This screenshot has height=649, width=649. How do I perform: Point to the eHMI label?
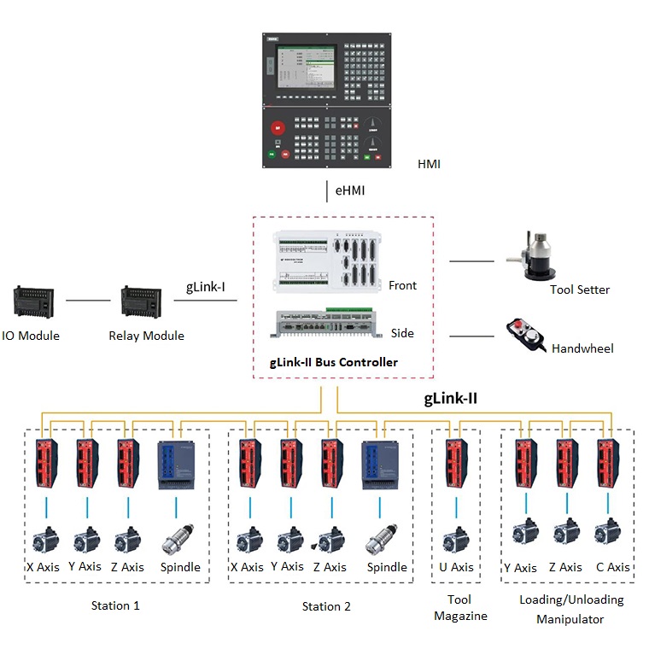tap(349, 190)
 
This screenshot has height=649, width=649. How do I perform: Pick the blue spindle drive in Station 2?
tap(382, 465)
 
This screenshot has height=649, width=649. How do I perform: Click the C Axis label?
tap(613, 567)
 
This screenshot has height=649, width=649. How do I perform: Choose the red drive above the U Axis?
tap(455, 465)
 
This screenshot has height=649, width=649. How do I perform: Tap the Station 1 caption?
tap(115, 605)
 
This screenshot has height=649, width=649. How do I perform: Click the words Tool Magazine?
tap(459, 607)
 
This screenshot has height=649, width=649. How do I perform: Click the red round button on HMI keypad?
tap(277, 129)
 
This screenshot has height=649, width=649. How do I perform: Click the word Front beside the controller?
tap(403, 285)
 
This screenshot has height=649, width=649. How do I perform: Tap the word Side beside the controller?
tap(402, 333)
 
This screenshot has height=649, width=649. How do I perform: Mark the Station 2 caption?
tap(326, 606)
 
